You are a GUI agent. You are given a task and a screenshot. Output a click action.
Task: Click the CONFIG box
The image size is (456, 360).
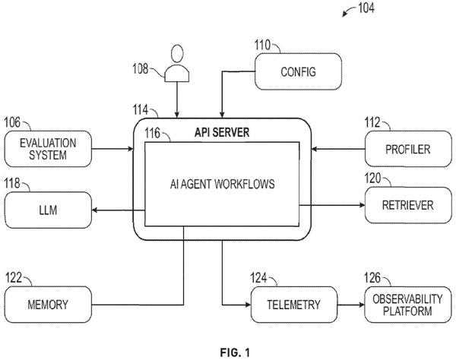point(298,71)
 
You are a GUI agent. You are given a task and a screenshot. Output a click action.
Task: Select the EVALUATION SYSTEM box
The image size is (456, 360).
point(48,149)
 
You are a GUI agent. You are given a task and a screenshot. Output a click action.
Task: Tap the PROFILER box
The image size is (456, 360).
point(408,149)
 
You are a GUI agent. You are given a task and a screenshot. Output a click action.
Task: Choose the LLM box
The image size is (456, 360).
point(48,210)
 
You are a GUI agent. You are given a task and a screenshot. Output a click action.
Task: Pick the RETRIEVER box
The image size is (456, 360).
point(408,205)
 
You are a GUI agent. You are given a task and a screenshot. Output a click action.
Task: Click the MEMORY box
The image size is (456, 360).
point(48,305)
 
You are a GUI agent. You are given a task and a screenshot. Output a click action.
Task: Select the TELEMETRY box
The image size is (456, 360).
point(294,305)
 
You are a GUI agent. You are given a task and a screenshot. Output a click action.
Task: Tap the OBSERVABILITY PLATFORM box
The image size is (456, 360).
point(407,305)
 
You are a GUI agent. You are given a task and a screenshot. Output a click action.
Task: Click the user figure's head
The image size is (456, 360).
point(177,53)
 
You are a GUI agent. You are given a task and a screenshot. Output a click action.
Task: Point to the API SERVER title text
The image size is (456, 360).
point(222,132)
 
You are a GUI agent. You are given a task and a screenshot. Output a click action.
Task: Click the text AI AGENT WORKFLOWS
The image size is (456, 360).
point(222,184)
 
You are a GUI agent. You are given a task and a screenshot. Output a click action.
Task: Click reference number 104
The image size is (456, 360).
point(366,8)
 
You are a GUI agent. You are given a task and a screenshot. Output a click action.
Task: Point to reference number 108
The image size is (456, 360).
point(141,69)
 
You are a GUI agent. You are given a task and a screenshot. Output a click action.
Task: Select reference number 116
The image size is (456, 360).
point(153,134)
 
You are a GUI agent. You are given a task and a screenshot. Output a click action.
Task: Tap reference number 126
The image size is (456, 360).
point(372,278)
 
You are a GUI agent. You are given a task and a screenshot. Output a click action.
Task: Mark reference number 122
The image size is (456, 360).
point(14,277)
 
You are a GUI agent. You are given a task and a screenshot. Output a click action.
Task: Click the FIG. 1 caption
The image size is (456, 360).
point(235,352)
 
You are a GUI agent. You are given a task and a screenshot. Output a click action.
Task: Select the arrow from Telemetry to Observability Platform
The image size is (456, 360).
point(351,305)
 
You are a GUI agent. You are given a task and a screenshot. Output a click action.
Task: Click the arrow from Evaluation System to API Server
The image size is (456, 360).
point(112,149)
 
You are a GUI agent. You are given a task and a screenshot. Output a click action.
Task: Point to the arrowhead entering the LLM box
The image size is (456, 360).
point(94,210)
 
